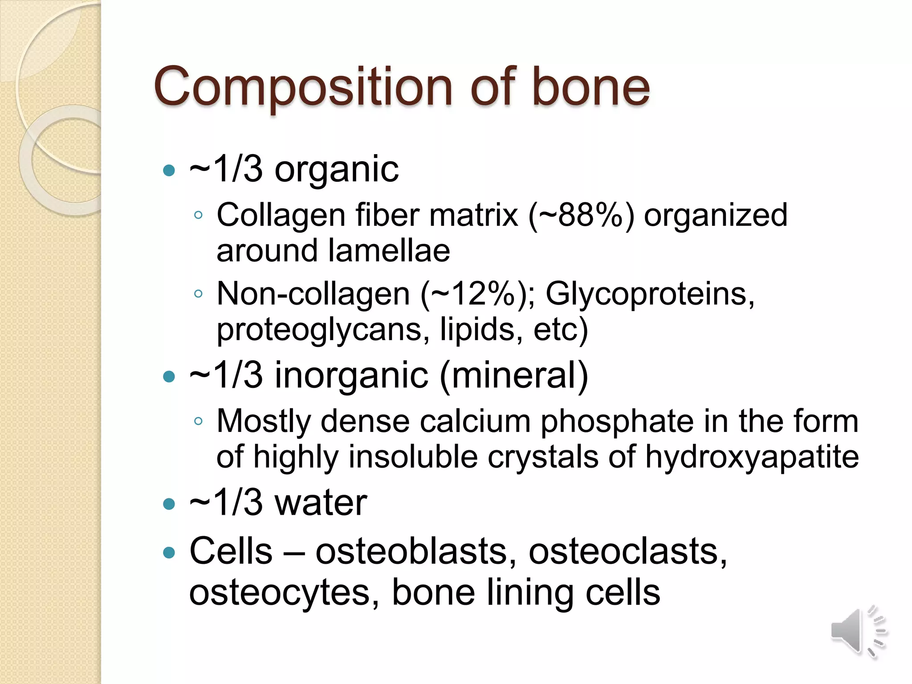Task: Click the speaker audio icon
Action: coord(857,631)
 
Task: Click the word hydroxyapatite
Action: coord(752,457)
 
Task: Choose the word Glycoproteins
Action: coord(650,294)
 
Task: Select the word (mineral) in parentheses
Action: coord(514,375)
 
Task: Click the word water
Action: coord(321,503)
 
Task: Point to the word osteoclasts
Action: coord(627,551)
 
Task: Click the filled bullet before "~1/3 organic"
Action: coord(169,170)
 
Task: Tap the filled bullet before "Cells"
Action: coord(169,553)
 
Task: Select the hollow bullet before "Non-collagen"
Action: coord(199,294)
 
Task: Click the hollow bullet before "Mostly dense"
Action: coord(199,421)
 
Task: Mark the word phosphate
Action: coord(617,421)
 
